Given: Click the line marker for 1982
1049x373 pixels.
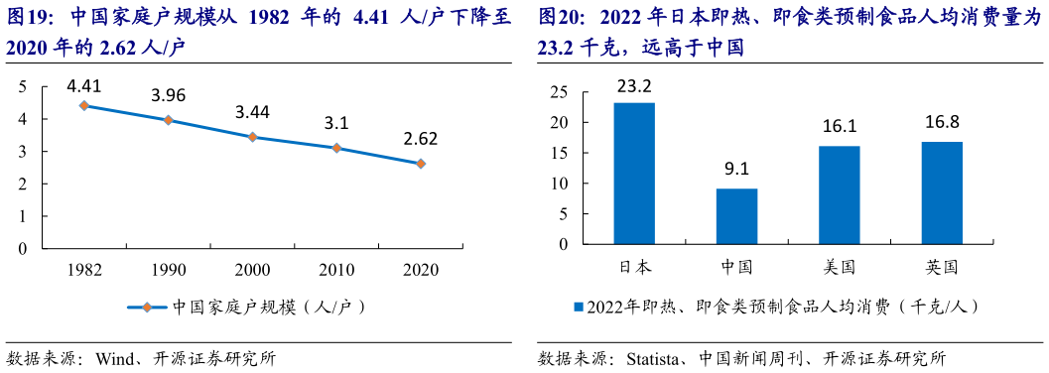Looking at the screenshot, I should pos(84,105).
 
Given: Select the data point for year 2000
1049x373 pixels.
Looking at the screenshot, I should pos(252,137).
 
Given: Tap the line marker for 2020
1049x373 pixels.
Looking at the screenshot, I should pos(421,164).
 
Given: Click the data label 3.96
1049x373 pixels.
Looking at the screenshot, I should pos(169,96).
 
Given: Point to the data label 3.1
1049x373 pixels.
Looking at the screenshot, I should pos(336,124).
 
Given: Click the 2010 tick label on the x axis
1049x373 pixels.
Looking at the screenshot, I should pos(336,269).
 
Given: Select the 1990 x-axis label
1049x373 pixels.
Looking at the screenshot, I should pos(169,269).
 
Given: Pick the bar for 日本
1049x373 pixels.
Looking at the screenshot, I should pos(634,174).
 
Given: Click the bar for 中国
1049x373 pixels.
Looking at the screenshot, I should pos(736,216).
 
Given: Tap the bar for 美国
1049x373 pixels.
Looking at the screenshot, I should pos(840,195).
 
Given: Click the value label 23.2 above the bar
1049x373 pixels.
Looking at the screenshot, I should pos(634,85).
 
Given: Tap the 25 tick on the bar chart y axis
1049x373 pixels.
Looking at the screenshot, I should pos(561,92).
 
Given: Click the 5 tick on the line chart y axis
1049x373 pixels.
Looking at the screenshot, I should pos(22,87).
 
